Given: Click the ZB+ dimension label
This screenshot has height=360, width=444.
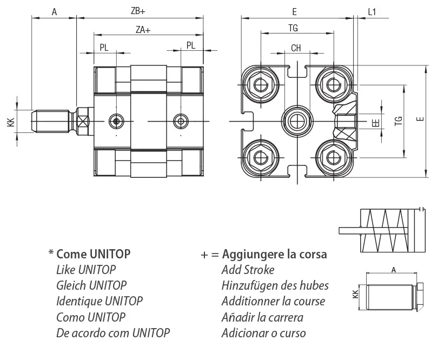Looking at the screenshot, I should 138,11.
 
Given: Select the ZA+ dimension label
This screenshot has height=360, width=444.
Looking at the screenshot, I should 143,31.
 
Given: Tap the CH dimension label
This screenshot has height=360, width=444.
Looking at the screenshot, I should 296,48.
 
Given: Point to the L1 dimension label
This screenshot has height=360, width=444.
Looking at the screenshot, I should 372,11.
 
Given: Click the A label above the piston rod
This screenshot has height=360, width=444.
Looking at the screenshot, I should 54,11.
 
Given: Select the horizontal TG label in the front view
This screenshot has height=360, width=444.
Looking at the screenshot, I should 294,28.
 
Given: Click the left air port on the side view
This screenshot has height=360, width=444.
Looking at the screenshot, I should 116,121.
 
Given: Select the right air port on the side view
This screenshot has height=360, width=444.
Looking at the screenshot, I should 180,121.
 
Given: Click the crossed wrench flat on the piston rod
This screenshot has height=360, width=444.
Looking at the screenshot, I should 83,120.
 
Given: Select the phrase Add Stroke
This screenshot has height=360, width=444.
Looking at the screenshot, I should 248,269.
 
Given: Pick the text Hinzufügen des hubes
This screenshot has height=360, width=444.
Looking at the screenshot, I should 275,285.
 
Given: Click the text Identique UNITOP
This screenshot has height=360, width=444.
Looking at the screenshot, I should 99,301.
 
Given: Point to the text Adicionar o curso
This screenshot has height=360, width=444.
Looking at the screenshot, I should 263,332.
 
